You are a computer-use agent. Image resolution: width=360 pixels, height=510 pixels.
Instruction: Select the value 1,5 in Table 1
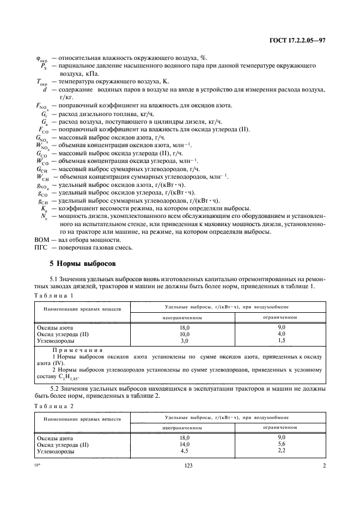tap(282, 339)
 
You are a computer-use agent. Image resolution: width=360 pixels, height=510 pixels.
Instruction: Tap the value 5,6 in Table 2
tap(282, 444)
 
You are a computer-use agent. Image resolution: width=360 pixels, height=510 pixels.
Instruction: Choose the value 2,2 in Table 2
tap(282, 451)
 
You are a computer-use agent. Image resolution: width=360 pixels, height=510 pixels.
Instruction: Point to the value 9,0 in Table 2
tap(282, 437)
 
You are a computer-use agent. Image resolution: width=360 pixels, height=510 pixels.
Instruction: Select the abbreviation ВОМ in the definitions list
tap(41, 240)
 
